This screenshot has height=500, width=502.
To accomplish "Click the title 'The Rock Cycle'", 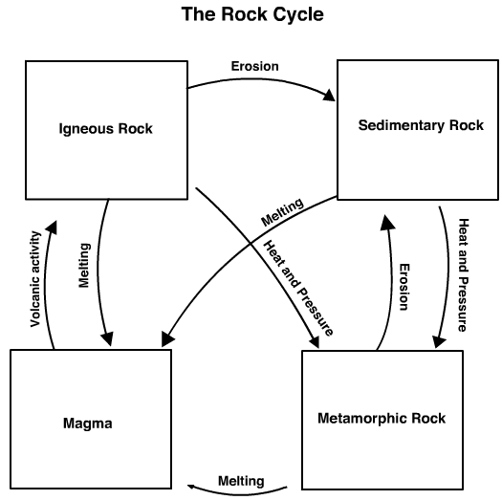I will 250,16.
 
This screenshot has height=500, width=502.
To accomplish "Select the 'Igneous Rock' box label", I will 105,128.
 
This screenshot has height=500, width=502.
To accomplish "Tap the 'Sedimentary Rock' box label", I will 421,125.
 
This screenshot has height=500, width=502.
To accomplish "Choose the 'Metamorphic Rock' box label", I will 381,419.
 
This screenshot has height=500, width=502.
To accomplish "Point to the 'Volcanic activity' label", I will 35,277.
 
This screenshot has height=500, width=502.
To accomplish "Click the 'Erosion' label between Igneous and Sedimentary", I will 254,67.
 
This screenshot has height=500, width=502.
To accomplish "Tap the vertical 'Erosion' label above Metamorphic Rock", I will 404,287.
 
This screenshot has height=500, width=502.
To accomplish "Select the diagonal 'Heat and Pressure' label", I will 300,289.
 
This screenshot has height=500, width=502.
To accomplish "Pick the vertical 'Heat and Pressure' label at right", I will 463,274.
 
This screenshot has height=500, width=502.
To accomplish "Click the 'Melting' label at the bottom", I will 241,480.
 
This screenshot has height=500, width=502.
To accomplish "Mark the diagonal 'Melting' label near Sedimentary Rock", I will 282,212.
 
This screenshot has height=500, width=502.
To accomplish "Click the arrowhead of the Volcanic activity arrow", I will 53,227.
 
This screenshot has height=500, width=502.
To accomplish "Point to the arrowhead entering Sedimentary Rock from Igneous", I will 330,96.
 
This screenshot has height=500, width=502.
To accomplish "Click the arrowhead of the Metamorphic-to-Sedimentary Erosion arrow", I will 385,223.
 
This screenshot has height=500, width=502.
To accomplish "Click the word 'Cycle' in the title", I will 293,16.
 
